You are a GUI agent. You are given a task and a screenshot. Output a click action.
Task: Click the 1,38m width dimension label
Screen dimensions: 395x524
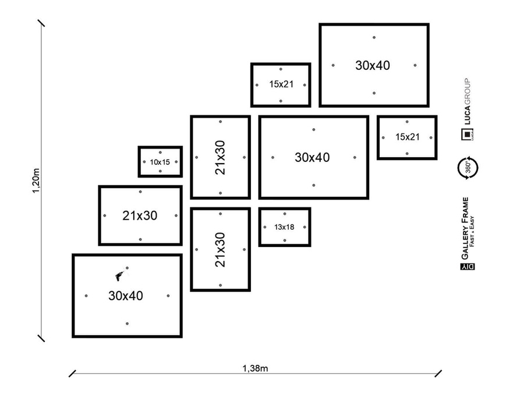(x=255, y=368)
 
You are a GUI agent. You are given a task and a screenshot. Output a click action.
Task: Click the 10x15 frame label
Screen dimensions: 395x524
(x=160, y=162)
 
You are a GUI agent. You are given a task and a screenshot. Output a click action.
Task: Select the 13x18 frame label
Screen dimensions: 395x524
(x=284, y=226)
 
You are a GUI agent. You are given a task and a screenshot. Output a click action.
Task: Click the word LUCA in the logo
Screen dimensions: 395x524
(x=467, y=117)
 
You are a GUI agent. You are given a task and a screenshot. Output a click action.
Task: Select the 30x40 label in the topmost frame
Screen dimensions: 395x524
(x=373, y=65)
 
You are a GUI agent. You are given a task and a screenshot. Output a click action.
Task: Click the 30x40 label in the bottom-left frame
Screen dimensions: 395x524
(x=125, y=296)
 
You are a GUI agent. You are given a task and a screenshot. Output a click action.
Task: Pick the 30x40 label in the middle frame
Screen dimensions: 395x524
(x=312, y=157)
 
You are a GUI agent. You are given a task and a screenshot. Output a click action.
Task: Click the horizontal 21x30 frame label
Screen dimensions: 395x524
(x=140, y=216)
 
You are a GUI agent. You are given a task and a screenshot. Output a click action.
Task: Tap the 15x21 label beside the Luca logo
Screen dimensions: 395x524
(x=407, y=137)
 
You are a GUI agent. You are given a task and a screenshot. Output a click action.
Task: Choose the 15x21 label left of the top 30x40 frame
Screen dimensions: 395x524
(x=281, y=84)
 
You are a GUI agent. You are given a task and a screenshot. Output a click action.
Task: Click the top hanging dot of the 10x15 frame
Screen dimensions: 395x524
(x=160, y=153)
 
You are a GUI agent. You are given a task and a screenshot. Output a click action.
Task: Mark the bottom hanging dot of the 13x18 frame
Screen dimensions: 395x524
(x=284, y=238)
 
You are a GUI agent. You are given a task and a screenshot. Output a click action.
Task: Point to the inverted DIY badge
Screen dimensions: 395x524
(x=467, y=267)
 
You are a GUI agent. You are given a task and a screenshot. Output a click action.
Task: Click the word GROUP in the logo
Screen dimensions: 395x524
(x=467, y=91)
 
